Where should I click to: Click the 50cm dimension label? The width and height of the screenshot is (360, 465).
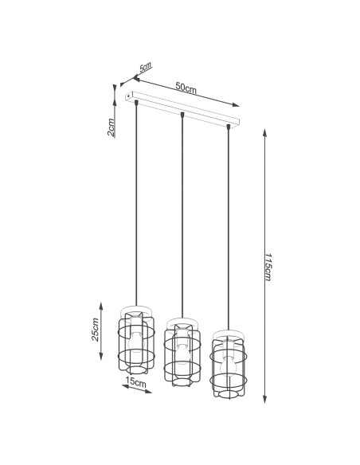[x=186, y=89]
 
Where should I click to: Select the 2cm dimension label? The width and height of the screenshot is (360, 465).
[x=112, y=127]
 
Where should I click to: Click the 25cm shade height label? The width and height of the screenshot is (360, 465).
[x=96, y=329]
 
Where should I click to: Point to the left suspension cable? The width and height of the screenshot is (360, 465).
[x=136, y=207]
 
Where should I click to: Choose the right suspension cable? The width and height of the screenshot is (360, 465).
[x=229, y=231]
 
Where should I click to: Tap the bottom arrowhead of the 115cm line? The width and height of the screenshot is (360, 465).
[x=264, y=402]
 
